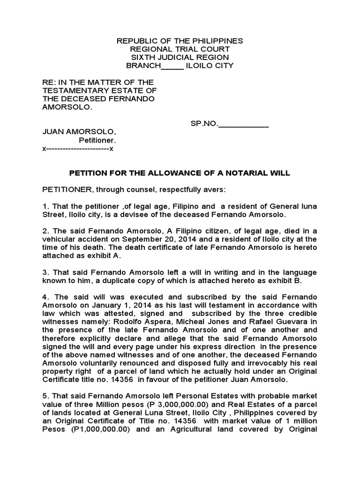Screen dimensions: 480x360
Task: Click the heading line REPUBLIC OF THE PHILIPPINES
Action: coord(180,41)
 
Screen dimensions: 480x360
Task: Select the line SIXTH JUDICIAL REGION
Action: coord(180,57)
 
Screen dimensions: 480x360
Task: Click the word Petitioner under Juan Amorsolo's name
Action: coord(97,141)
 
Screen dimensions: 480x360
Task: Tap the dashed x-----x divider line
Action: coord(78,149)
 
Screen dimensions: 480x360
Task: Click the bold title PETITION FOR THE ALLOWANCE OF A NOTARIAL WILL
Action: coord(180,173)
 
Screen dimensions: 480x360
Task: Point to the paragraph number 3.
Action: coord(45,272)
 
